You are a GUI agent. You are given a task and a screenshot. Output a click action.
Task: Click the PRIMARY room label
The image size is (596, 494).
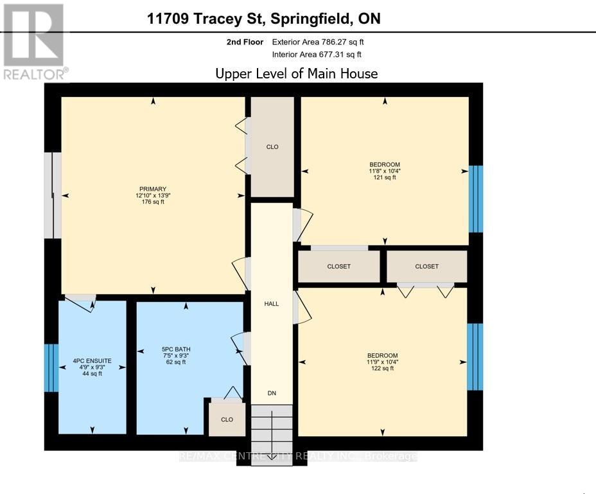click(153, 189)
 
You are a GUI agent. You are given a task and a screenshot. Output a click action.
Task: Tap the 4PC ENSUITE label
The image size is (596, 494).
click(92, 361)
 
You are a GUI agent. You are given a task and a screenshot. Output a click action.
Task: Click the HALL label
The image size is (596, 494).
click(272, 303)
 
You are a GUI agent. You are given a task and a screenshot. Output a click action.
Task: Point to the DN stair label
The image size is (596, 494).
click(272, 393)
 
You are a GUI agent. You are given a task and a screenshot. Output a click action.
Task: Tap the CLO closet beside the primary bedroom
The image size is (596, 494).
click(272, 147)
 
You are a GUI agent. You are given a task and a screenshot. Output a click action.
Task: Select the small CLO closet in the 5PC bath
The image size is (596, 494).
click(227, 419)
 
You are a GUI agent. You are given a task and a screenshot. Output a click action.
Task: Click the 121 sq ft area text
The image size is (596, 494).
click(385, 178)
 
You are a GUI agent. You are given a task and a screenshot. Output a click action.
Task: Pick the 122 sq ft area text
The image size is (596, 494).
click(382, 369)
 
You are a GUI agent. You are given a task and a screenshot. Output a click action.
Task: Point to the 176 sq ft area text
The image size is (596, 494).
click(153, 202)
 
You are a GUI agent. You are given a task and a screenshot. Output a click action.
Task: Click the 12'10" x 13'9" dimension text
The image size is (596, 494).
click(153, 195)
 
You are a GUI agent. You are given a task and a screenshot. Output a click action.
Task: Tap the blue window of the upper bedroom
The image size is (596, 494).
click(475, 198)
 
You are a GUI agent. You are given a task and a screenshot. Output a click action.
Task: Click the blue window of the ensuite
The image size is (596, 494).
click(51, 367)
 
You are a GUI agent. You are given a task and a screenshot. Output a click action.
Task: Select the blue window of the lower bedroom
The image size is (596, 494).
click(475, 357)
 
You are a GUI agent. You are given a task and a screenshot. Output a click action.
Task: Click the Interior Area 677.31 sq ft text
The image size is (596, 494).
click(318, 54)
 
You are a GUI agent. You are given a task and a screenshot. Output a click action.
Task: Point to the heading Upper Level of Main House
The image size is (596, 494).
click(296, 73)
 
